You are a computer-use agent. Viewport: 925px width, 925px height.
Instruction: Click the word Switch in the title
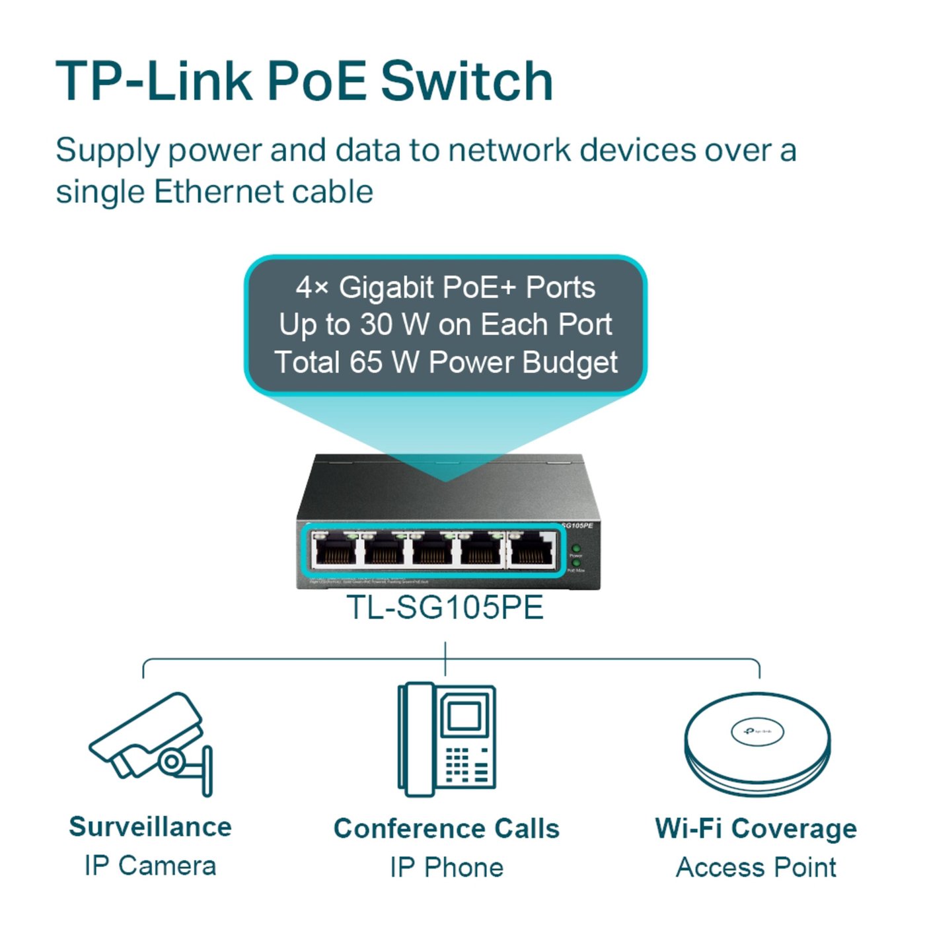[x=466, y=81]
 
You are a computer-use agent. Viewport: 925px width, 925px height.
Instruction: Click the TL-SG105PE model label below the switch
[x=445, y=607]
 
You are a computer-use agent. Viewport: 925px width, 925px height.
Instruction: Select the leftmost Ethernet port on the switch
[x=336, y=550]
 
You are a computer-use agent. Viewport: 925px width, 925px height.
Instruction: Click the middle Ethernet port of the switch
[x=433, y=550]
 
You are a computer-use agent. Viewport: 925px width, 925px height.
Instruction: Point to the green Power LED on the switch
[x=576, y=548]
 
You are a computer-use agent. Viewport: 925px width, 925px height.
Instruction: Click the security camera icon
[x=153, y=743]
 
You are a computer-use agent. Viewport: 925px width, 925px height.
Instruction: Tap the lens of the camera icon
[x=172, y=761]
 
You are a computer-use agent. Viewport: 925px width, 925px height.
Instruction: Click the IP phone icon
[x=446, y=740]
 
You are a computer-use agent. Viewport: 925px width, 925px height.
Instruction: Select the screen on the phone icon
[x=464, y=715]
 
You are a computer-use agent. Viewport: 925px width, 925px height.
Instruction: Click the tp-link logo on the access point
[x=757, y=731]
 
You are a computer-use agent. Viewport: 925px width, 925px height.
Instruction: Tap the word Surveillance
[x=151, y=827]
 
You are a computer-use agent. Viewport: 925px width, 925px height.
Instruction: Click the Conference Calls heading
[x=446, y=829]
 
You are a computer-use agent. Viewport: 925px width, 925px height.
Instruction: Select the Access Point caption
[x=756, y=867]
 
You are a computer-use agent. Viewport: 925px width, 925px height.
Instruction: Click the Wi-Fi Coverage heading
[x=756, y=829]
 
